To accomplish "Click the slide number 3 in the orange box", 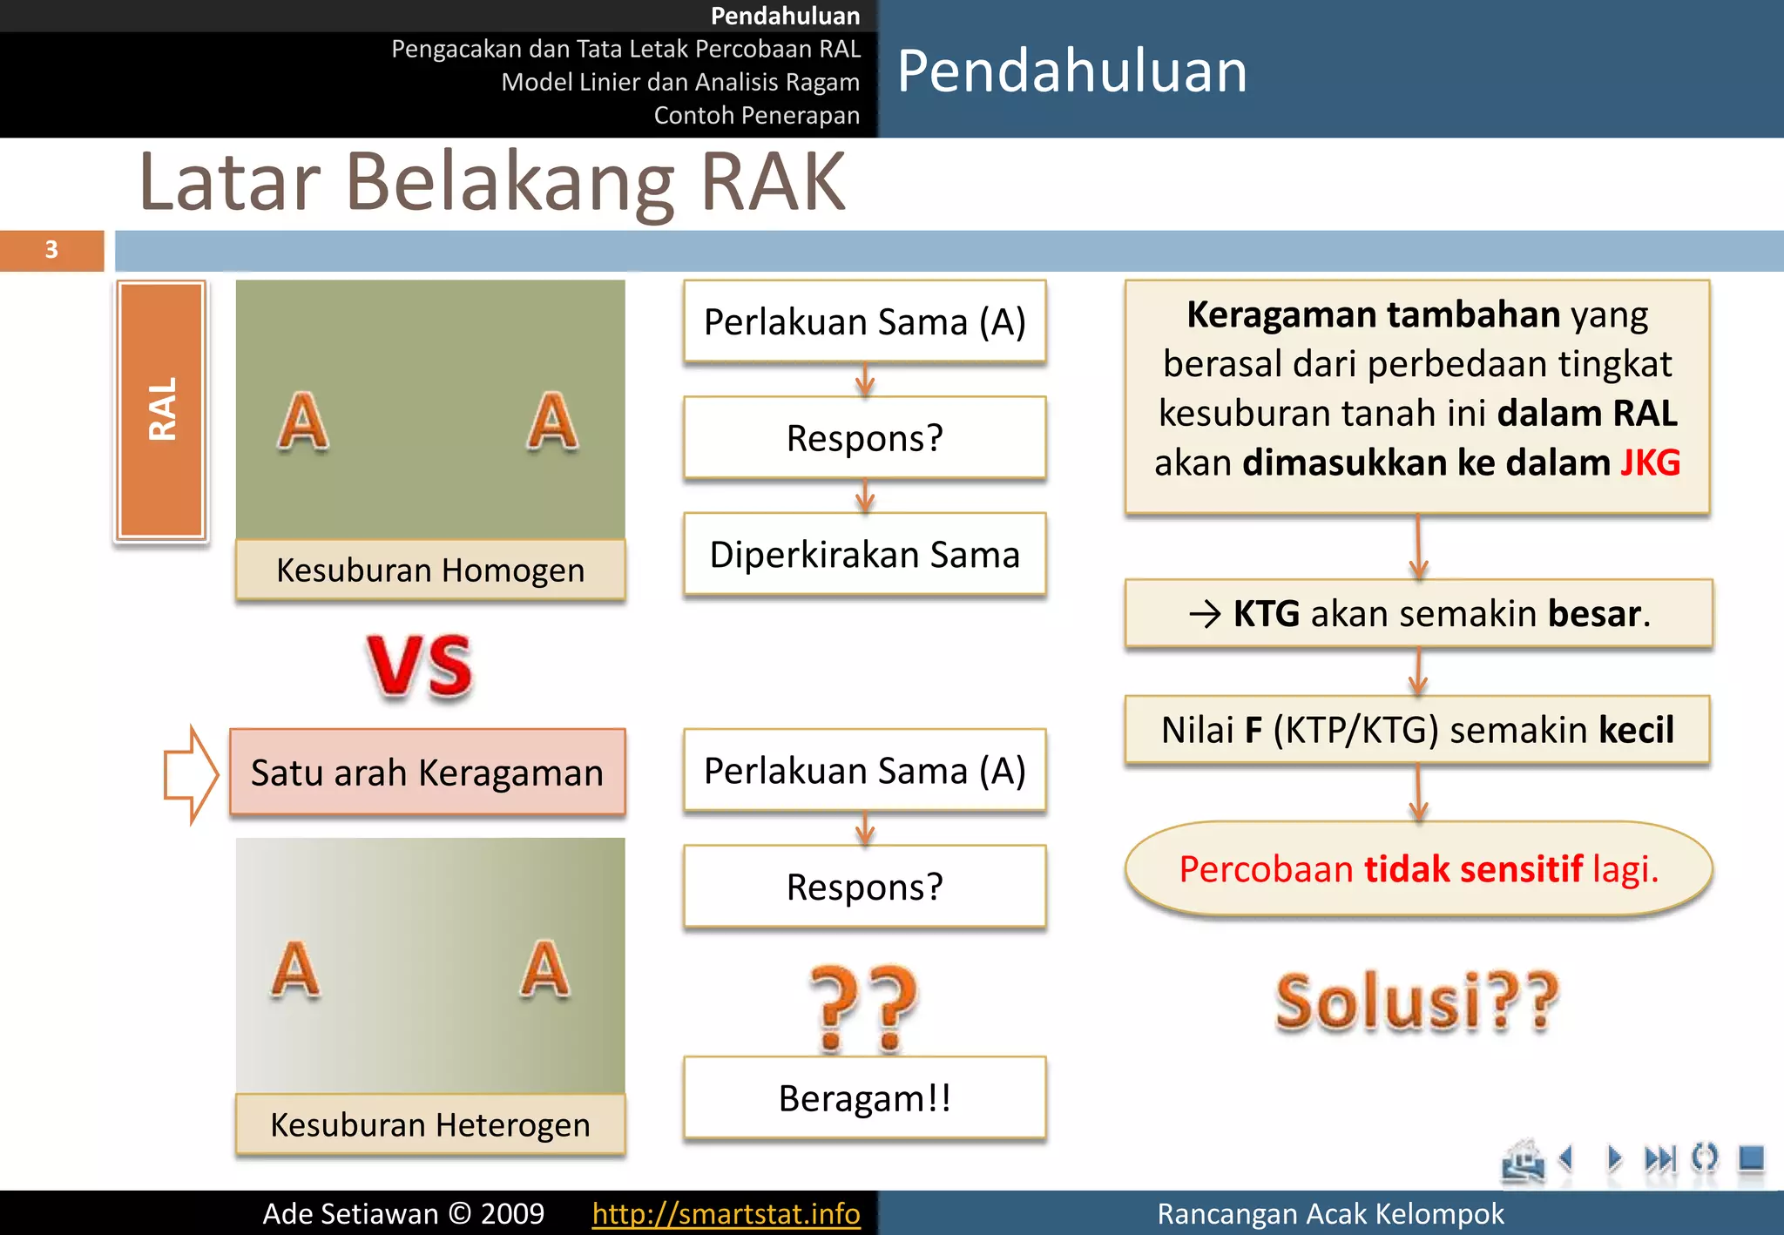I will click(51, 250).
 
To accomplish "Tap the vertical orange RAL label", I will click(162, 409).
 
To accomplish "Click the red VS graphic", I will click(420, 666).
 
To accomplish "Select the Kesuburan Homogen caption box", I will click(430, 570).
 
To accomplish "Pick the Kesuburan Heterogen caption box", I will click(430, 1124).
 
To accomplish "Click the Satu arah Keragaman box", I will click(428, 773).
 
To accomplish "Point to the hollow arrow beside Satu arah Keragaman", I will click(191, 773).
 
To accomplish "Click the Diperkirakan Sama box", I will click(864, 555).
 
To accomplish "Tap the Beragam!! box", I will click(864, 1098).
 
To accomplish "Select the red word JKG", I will click(1650, 462).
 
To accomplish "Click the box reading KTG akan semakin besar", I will click(1418, 613).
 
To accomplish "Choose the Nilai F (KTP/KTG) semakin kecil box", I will click(1417, 730).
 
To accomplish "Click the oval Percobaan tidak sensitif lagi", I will click(1418, 869).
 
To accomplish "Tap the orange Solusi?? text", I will click(1417, 1002).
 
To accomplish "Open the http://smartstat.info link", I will click(726, 1213).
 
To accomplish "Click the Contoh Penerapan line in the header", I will click(756, 115).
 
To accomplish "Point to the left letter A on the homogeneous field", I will click(303, 422).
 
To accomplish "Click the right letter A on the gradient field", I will click(545, 968).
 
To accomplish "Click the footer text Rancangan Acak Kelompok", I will click(1330, 1213).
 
